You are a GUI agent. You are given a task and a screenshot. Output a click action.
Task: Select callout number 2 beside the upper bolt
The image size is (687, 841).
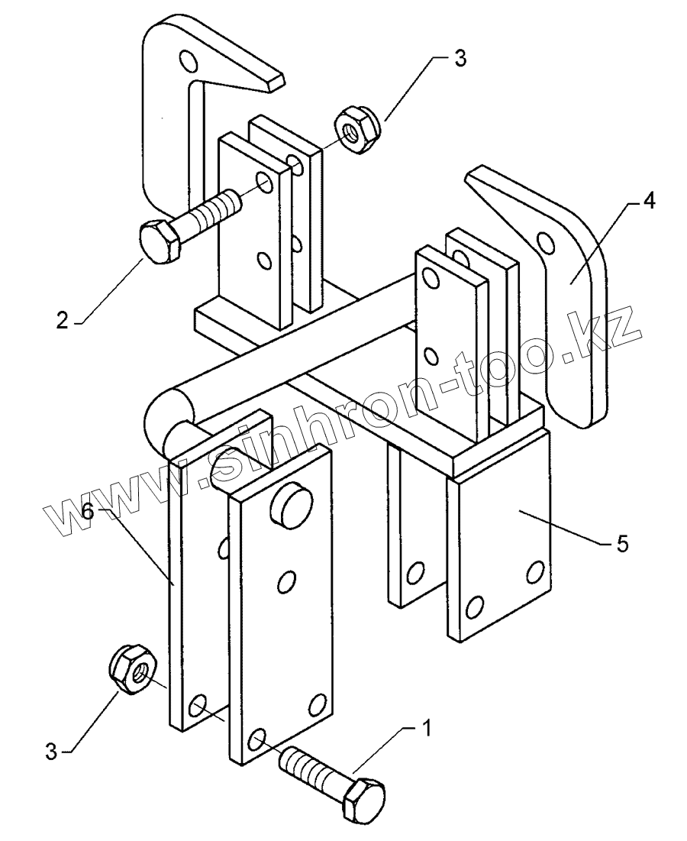pos(63,319)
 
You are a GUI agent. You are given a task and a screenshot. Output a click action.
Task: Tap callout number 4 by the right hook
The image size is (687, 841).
pos(649,201)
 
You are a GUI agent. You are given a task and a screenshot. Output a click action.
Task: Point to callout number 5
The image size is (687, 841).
pos(622,545)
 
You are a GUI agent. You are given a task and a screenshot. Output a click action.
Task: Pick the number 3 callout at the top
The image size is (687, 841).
pos(460,60)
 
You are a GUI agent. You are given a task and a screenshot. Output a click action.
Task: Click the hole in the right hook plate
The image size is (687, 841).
pos(545,242)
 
